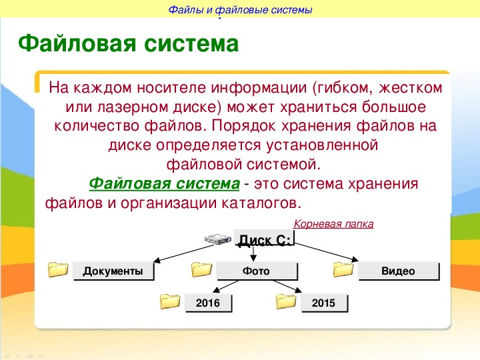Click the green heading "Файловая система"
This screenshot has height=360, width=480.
pos(128,44)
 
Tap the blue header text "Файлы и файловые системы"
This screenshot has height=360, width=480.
pos(240,10)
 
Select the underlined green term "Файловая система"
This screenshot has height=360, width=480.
pos(165,184)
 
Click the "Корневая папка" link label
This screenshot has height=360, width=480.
pos(333,224)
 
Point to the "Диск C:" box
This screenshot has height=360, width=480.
pos(264,237)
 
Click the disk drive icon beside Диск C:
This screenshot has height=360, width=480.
pos(217,239)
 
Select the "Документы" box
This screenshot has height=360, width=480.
pos(113,271)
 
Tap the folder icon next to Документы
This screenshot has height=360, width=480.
pos(58,269)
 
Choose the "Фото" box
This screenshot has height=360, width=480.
pos(257,271)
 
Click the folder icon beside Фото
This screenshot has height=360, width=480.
pos(201,269)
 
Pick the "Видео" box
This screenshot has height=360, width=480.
pos(399,271)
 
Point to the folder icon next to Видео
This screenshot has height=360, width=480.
pos(343,269)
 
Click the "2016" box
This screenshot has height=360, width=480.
pos(208,303)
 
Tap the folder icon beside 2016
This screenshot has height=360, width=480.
pos(170,301)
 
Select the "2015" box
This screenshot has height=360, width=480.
pos(325,303)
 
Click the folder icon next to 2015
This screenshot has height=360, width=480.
pos(286,301)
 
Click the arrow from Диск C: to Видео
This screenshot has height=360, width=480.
pos(327,253)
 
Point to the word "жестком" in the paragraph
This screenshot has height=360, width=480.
pos(411,88)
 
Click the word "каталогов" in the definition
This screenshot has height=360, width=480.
pos(259,203)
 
